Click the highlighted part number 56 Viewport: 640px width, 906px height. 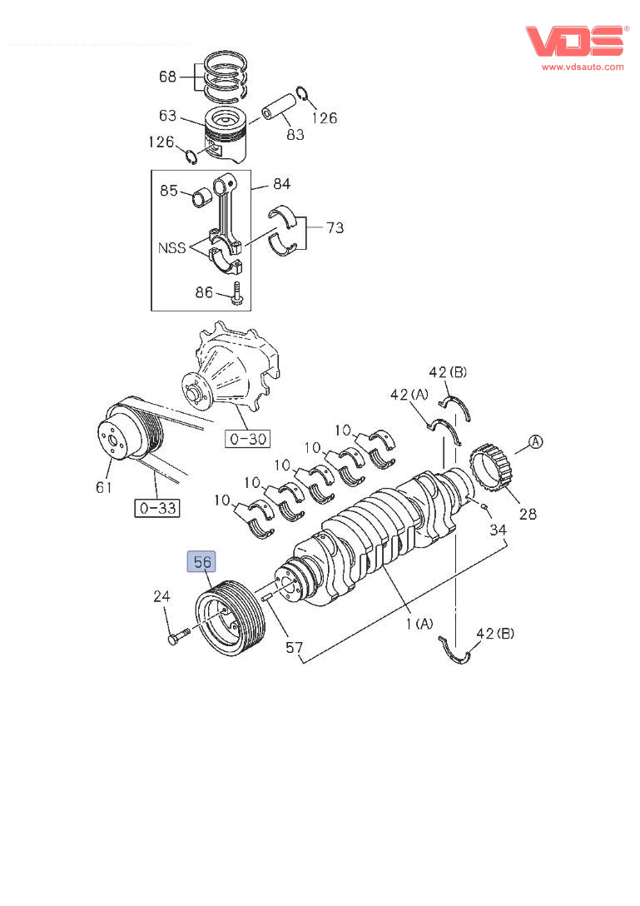coord(203,563)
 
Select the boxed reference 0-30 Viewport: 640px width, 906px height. coord(247,439)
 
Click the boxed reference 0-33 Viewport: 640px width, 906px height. coord(157,506)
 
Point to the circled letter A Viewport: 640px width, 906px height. coord(536,442)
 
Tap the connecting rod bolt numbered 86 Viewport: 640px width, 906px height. coord(237,292)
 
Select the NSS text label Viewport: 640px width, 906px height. coord(172,247)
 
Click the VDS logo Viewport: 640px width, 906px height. coord(574,40)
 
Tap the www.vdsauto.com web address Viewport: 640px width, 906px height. coord(583,67)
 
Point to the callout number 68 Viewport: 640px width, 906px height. coord(167,77)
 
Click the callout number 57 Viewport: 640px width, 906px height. coord(295,646)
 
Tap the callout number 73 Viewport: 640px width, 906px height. coord(334,227)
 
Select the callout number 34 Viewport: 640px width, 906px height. coord(498,530)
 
